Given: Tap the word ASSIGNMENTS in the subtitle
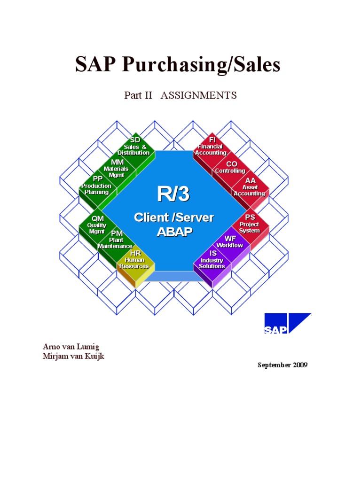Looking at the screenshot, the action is (198, 96).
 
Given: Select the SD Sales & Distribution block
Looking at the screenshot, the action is (134, 147).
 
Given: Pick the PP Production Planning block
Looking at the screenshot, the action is (97, 186).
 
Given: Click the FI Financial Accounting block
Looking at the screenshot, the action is (211, 147).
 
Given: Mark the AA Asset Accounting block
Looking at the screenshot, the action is (250, 187).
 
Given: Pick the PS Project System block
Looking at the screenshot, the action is (250, 224).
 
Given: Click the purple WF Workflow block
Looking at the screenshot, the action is (230, 242).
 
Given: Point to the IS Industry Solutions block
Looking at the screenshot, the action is (212, 260).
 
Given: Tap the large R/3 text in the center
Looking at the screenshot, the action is (173, 194).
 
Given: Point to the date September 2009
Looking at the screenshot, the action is (282, 365).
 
